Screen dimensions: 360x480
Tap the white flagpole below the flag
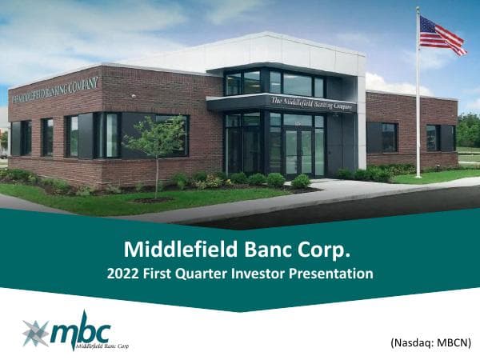[x=418, y=120]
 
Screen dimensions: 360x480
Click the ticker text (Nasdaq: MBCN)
[x=431, y=342]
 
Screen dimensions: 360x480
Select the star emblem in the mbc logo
[x=36, y=332]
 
